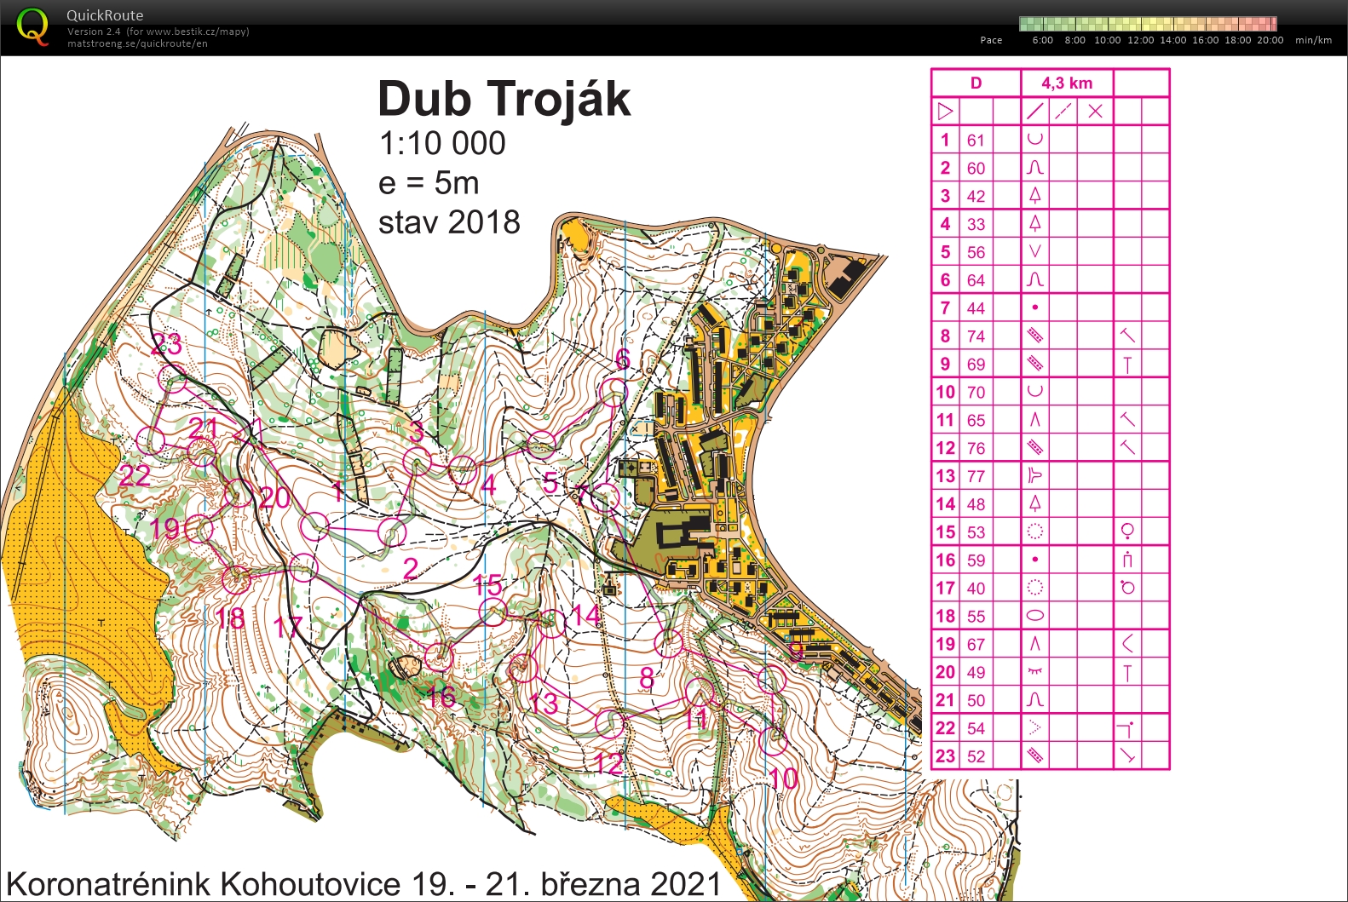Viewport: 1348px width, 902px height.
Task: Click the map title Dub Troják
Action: tap(504, 100)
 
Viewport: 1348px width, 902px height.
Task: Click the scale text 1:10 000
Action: tap(442, 143)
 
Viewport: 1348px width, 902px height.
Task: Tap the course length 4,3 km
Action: tap(1066, 83)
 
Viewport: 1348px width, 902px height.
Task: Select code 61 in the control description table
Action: tap(976, 141)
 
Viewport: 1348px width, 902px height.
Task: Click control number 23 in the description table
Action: tap(945, 756)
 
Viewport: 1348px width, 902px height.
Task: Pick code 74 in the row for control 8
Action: tap(976, 336)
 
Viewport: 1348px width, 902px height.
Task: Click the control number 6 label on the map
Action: tap(623, 360)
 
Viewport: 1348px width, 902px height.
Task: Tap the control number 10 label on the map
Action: tap(783, 778)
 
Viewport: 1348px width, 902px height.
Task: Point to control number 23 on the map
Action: tap(166, 345)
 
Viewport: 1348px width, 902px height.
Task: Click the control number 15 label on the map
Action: tap(487, 585)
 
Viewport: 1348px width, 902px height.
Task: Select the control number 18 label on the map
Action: tap(230, 618)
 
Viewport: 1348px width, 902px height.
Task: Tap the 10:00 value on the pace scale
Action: tap(1107, 40)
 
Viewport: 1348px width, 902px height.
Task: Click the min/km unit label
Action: tap(1313, 40)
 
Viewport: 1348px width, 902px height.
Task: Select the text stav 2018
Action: tap(449, 222)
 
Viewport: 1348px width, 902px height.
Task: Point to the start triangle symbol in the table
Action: tap(945, 112)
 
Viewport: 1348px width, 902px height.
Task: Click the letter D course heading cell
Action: tap(976, 83)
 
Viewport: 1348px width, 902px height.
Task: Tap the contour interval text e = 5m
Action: tap(429, 183)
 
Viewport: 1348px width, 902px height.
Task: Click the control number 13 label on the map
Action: tap(544, 704)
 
